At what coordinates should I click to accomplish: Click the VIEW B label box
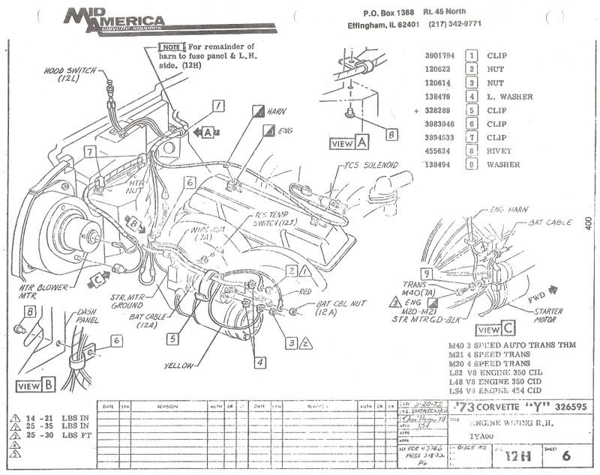(37, 386)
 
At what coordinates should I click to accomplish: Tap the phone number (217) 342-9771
(454, 24)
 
